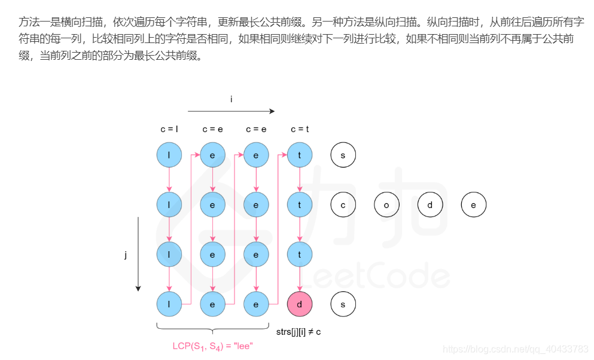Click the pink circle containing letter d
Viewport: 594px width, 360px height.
[x=300, y=304]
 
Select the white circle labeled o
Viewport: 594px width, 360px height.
[x=386, y=205]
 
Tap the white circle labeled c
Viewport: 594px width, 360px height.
[x=343, y=205]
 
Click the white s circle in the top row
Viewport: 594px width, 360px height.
[x=343, y=155]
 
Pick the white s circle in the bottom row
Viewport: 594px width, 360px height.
[x=343, y=304]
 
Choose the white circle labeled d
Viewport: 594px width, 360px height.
[x=430, y=205]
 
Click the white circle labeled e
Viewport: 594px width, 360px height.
[x=473, y=205]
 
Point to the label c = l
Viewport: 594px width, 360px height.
[x=169, y=129]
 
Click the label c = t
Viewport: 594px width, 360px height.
[x=299, y=129]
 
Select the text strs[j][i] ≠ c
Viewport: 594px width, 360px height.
[x=298, y=331]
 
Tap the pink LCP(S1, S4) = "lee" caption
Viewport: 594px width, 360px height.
[x=212, y=346]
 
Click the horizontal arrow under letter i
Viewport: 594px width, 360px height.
[x=231, y=111]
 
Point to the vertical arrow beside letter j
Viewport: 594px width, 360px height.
[x=138, y=254]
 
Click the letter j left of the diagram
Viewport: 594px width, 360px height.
[x=126, y=255]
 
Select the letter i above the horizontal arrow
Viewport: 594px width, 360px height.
[x=231, y=99]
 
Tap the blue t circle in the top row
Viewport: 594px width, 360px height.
[x=300, y=155]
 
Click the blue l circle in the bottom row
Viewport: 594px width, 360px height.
[x=169, y=304]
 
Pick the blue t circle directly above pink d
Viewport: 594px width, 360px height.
[x=300, y=255]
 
